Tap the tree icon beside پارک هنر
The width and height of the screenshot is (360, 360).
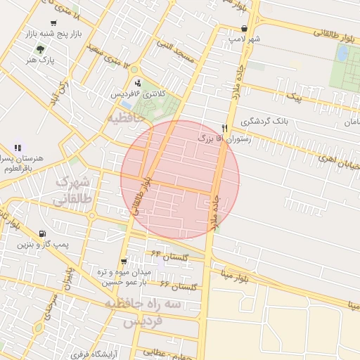(41, 49)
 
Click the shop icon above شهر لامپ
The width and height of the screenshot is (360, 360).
(243, 29)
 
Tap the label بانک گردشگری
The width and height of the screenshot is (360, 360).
(264, 121)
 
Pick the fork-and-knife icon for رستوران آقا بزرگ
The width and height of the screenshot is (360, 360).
(224, 129)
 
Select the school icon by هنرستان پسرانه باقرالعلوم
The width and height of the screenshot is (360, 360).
(17, 148)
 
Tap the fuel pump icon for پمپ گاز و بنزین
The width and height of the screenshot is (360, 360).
(44, 234)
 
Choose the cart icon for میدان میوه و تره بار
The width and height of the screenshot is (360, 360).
(124, 261)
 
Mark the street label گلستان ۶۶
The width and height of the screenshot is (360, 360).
(180, 285)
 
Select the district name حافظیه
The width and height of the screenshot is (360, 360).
(124, 117)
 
